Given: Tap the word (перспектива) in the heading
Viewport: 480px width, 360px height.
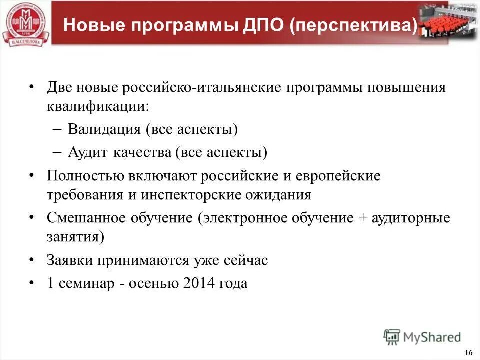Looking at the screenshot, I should pos(353,25).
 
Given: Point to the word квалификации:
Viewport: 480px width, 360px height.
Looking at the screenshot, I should pos(97,107).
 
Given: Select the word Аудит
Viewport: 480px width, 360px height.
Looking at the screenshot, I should pos(87,152).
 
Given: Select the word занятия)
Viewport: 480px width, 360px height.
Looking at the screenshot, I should pos(75,236).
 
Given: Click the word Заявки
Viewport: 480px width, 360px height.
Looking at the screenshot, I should pos(71,260).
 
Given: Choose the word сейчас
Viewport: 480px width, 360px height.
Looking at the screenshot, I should pos(247,260).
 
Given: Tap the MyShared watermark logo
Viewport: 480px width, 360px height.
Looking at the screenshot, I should pos(422,337).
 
